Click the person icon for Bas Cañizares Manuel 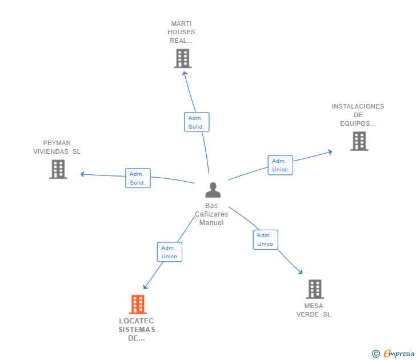pyautogui.click(x=213, y=190)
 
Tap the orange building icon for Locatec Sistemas pyautogui.click(x=138, y=305)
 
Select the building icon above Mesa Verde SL pyautogui.click(x=314, y=289)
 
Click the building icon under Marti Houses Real pyautogui.click(x=182, y=58)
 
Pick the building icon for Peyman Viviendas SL pyautogui.click(x=58, y=169)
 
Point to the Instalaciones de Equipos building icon pyautogui.click(x=359, y=141)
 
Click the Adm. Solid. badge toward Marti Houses pyautogui.click(x=197, y=122)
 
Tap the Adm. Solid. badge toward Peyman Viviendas pyautogui.click(x=138, y=178)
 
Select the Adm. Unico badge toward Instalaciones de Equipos pyautogui.click(x=280, y=165)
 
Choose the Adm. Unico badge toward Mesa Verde pyautogui.click(x=265, y=239)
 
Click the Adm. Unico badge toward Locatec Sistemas pyautogui.click(x=169, y=252)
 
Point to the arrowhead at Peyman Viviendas pyautogui.click(x=83, y=174)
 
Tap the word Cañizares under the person pyautogui.click(x=211, y=214)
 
